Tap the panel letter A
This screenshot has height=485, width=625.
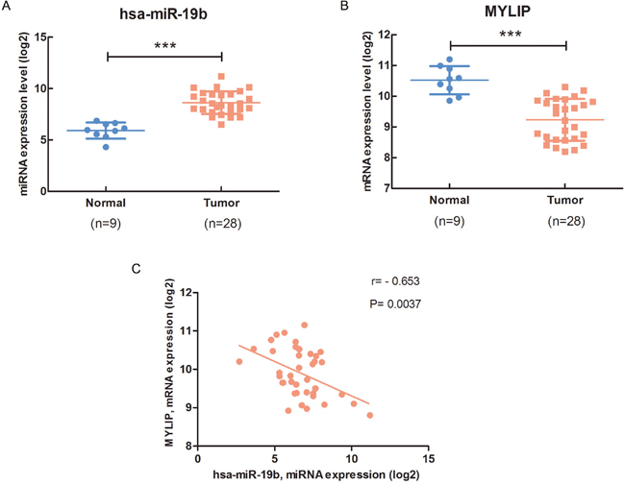click(x=8, y=7)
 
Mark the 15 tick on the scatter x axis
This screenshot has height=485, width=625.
click(x=428, y=456)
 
